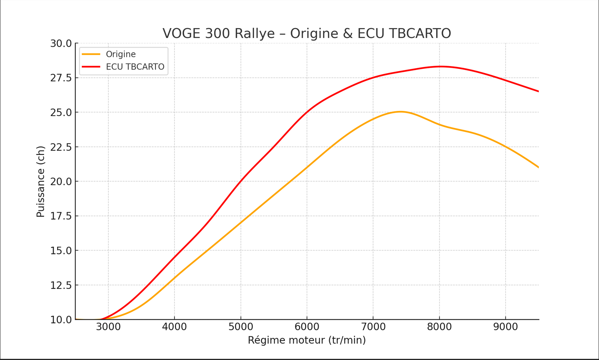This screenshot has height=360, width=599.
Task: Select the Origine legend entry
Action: pyautogui.click(x=121, y=54)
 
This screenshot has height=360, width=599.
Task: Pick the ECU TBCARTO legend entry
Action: pyautogui.click(x=135, y=67)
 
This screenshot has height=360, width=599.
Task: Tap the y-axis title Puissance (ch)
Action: pyautogui.click(x=40, y=181)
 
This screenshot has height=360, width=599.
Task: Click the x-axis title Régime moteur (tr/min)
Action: pyautogui.click(x=307, y=340)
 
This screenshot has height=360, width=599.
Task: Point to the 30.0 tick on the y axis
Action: pyautogui.click(x=61, y=44)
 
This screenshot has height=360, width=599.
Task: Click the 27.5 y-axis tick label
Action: pyautogui.click(x=61, y=78)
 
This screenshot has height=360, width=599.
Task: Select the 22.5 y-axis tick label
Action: pyautogui.click(x=61, y=147)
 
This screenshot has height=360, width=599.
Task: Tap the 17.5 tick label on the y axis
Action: pyautogui.click(x=61, y=216)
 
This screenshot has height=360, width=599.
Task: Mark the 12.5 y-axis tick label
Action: pyautogui.click(x=61, y=285)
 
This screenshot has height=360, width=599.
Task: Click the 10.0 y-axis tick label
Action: pyautogui.click(x=61, y=320)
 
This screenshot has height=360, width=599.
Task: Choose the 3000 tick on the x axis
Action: pyautogui.click(x=108, y=327)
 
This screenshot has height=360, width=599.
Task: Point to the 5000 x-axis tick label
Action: pyautogui.click(x=241, y=327)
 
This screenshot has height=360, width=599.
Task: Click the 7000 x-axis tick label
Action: pyautogui.click(x=373, y=327)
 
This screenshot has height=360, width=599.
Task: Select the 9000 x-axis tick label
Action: pyautogui.click(x=505, y=327)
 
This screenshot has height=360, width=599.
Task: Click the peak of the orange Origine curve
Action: pyautogui.click(x=400, y=112)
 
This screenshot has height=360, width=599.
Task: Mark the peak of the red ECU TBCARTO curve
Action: pyautogui.click(x=440, y=67)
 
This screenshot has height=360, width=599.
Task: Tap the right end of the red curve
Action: pyautogui.click(x=538, y=91)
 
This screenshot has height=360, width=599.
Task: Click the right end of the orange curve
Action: pyautogui.click(x=538, y=167)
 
